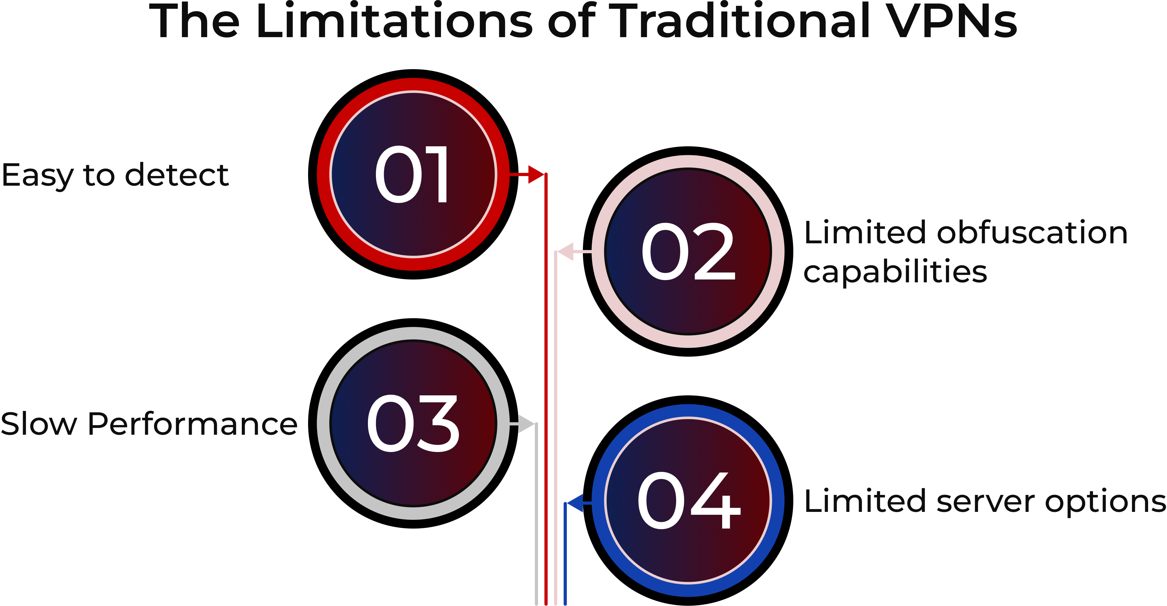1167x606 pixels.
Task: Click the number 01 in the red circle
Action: [412, 175]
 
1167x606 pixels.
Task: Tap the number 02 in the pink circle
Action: [688, 252]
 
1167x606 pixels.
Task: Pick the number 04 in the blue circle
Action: [689, 500]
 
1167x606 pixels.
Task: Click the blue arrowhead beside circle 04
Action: [575, 503]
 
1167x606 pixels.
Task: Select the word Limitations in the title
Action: [394, 21]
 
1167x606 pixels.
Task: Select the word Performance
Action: [192, 424]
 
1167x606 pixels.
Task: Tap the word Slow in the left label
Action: [38, 424]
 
